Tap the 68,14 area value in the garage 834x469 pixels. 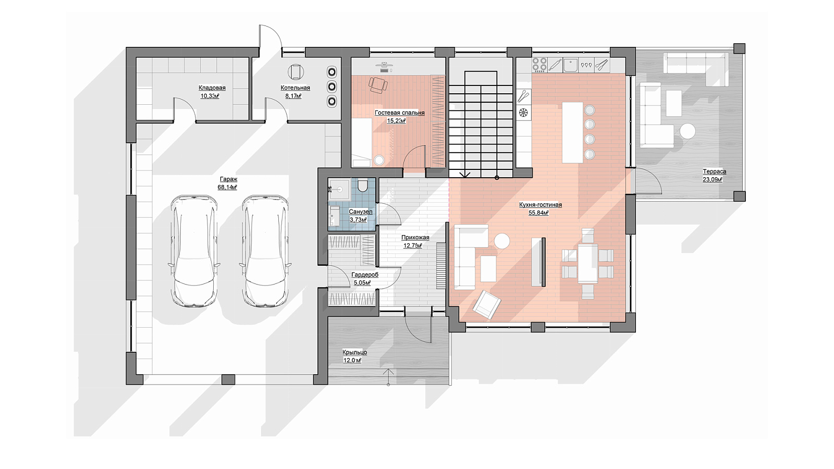tap(227, 187)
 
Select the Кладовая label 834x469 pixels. tap(212, 88)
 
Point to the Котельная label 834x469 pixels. tap(295, 88)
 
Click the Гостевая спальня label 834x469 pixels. tap(399, 113)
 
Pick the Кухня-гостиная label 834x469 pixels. tap(540, 205)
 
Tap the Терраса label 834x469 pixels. tap(715, 171)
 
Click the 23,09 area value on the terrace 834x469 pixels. tap(713, 180)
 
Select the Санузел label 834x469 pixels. tap(360, 212)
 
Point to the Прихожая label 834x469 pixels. tap(415, 238)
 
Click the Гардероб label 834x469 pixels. tap(365, 275)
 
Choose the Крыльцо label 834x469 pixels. tap(354, 352)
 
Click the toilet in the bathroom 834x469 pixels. tap(362, 185)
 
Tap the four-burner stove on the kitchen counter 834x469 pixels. tap(539, 65)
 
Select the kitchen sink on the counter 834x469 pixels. tap(570, 65)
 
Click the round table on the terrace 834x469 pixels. tap(688, 131)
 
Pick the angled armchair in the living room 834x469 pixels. tap(487, 304)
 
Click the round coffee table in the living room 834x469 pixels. tap(501, 241)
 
